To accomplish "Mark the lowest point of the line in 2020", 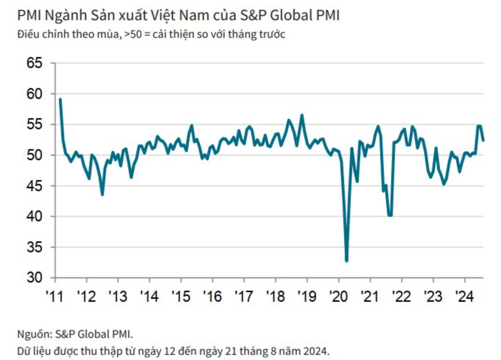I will [x=346, y=261].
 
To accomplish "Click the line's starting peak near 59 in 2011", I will [x=60, y=99].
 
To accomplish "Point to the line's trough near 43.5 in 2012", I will [x=102, y=194].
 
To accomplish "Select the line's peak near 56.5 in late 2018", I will [x=302, y=115].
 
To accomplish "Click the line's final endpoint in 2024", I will [x=483, y=140].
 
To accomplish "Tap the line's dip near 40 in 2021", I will [x=390, y=215].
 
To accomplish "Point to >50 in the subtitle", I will [x=132, y=35].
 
